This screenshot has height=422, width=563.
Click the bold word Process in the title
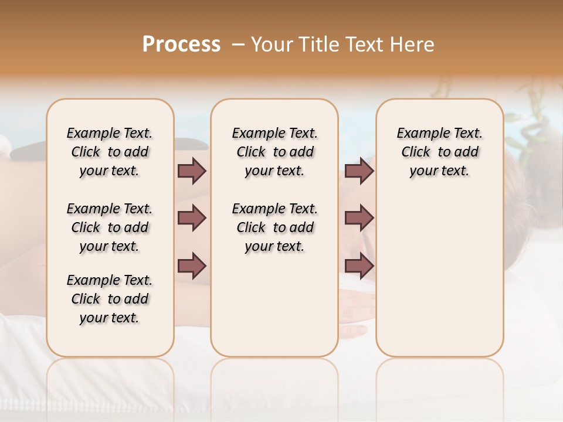coord(181,45)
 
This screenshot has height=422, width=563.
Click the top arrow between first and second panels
coord(192,171)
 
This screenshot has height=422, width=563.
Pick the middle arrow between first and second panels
coord(192,218)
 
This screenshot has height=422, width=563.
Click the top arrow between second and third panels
coord(359,171)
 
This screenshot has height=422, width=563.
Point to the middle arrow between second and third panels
coord(359,218)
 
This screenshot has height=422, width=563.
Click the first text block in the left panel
coord(110,152)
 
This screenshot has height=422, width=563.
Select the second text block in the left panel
coord(110,227)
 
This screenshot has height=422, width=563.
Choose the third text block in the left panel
coord(110,299)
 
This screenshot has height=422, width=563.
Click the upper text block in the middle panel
coord(274,152)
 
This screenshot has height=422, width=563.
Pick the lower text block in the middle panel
coord(274,227)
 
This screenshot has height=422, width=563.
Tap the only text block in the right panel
coord(439,152)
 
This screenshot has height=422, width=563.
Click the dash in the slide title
coord(238,45)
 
